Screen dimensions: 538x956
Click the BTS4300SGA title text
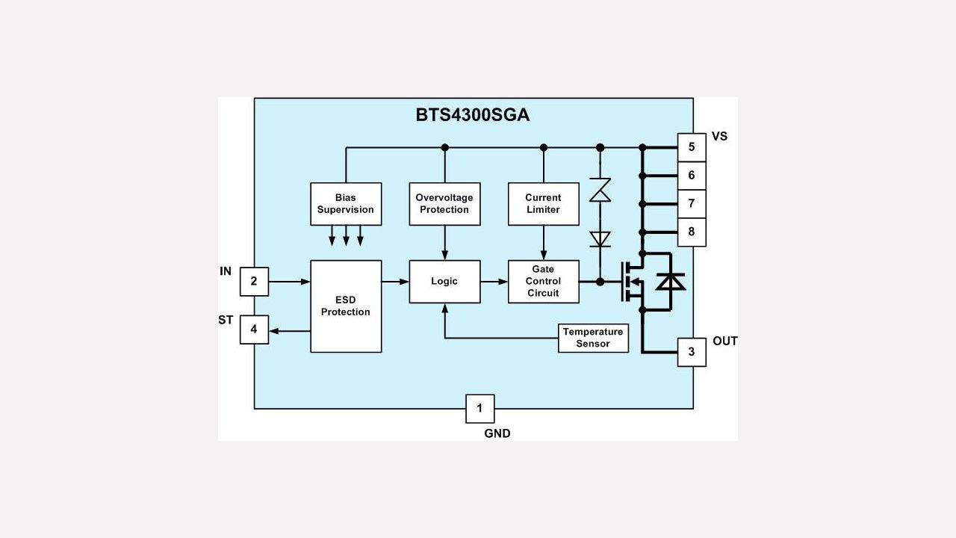click(472, 115)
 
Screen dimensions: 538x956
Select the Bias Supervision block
click(346, 204)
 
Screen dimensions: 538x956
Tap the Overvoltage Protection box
click(444, 204)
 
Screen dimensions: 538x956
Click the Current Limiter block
click(543, 204)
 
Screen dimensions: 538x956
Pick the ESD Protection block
click(346, 306)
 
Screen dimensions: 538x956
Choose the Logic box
click(444, 282)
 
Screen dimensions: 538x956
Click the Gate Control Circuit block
click(543, 282)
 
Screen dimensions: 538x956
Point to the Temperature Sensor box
click(593, 338)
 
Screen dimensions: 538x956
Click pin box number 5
click(692, 147)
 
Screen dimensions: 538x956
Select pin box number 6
click(692, 176)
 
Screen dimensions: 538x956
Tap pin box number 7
click(692, 204)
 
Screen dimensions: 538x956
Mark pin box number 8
click(692, 232)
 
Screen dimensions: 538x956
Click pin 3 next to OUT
click(692, 352)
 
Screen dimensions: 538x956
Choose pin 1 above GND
click(479, 409)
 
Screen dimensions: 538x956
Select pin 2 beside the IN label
click(254, 282)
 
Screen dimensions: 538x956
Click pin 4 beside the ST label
click(254, 330)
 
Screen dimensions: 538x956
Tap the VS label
click(719, 137)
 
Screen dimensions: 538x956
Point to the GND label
click(497, 433)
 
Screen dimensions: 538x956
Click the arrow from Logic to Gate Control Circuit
click(494, 282)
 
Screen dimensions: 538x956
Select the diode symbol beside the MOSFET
click(670, 282)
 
